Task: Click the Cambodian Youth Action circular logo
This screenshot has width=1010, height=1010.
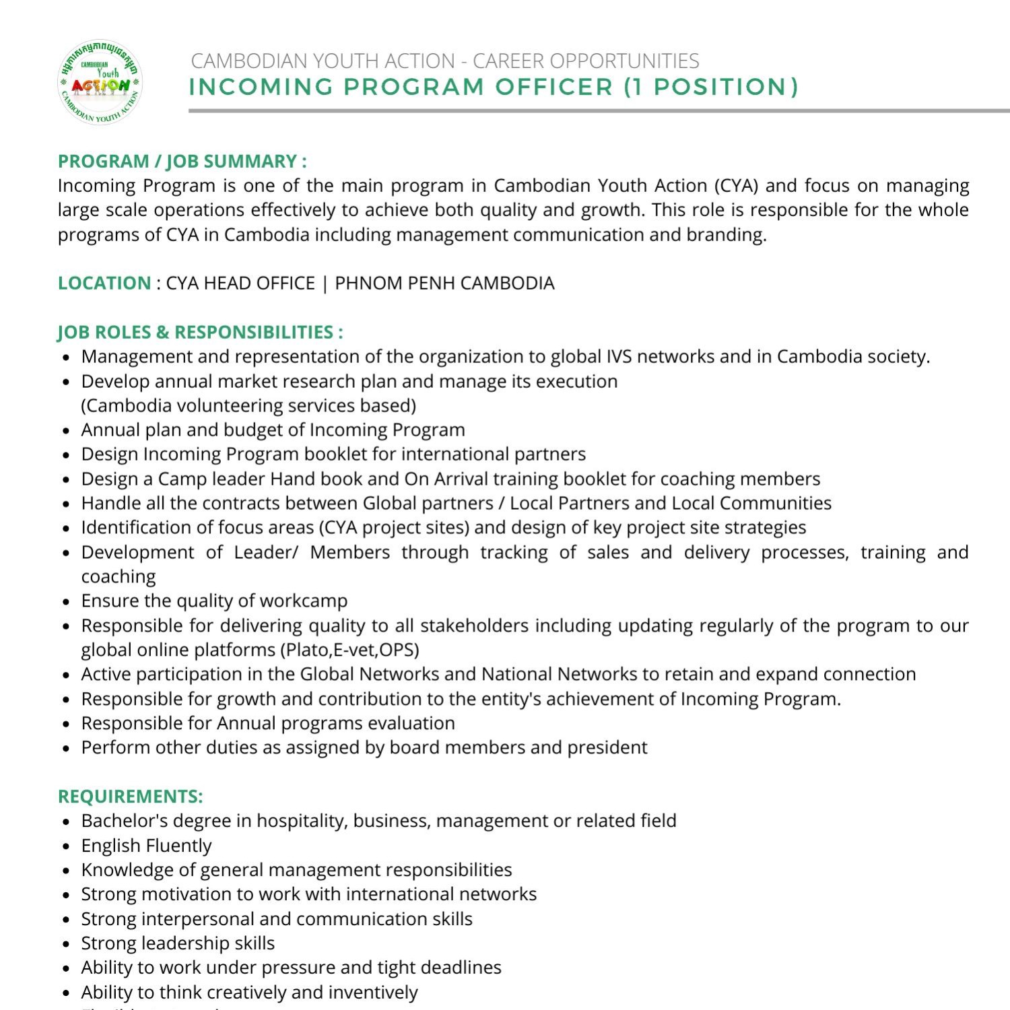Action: [x=100, y=83]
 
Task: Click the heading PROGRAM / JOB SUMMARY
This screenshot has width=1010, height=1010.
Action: [x=182, y=162]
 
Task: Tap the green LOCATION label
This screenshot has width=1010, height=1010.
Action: [x=104, y=283]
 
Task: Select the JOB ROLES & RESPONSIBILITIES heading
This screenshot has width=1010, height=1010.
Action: [x=200, y=332]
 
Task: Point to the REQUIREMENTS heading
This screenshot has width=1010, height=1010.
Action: [x=130, y=797]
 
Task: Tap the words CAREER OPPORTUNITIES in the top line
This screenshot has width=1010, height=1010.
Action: [x=586, y=61]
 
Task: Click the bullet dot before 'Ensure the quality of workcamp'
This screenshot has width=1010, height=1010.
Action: [x=66, y=602]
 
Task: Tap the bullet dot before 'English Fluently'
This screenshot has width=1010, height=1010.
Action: [x=66, y=846]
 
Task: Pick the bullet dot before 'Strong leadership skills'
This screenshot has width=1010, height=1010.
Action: [x=66, y=944]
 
